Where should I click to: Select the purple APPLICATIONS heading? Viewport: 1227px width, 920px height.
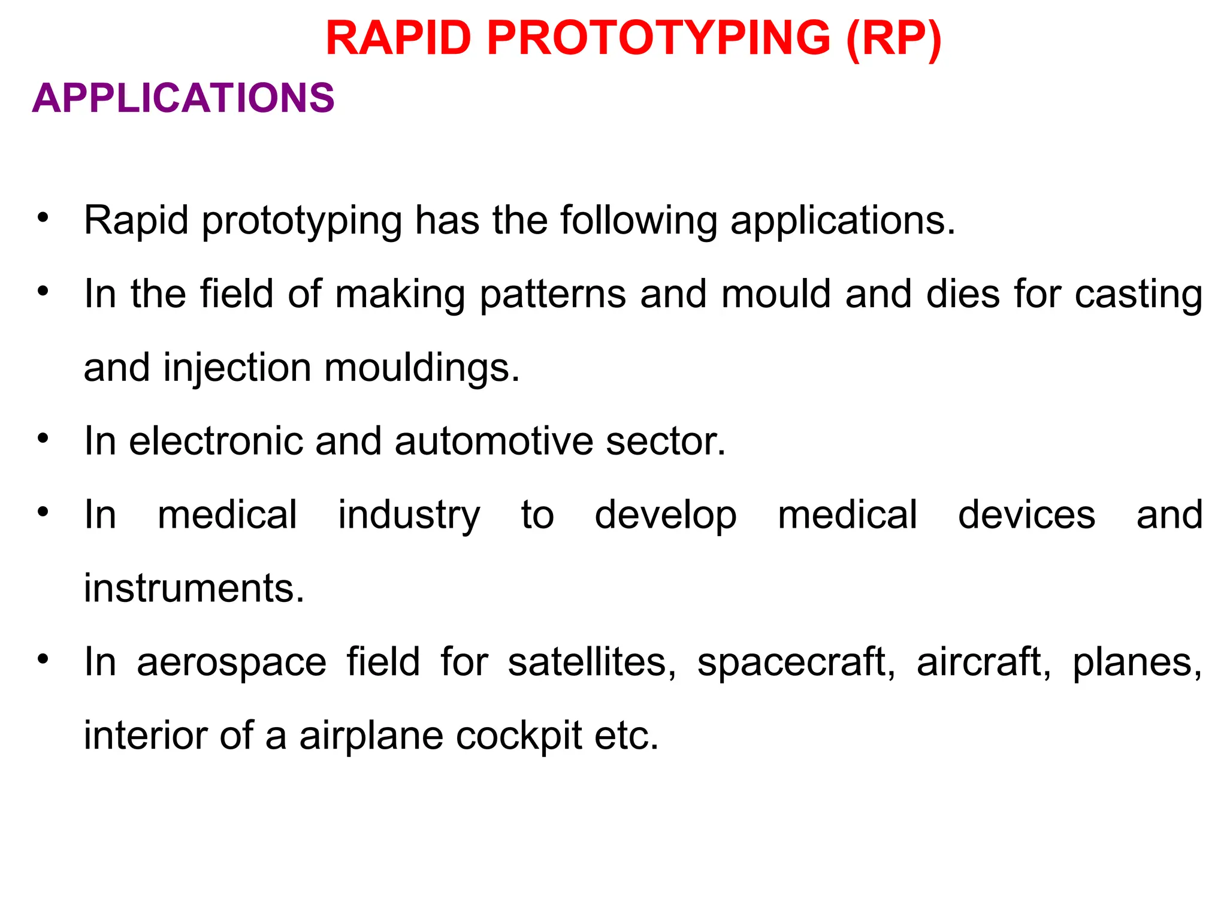point(183,98)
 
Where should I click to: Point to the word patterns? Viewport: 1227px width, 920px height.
point(552,295)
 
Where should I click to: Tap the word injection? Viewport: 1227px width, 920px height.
point(237,368)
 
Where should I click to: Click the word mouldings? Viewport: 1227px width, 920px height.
point(422,368)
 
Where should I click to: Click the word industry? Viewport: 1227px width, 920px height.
point(409,516)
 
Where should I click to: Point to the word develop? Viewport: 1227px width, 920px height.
point(665,516)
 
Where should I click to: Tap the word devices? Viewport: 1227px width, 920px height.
point(1026,515)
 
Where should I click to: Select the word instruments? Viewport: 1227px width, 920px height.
point(194,588)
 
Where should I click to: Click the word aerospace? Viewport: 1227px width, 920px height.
point(231,662)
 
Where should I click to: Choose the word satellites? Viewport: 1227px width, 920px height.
point(591,662)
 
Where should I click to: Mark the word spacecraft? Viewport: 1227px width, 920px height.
point(796,662)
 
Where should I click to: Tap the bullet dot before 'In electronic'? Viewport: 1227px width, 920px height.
point(42,438)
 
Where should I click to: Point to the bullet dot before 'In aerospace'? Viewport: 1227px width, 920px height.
point(42,659)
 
